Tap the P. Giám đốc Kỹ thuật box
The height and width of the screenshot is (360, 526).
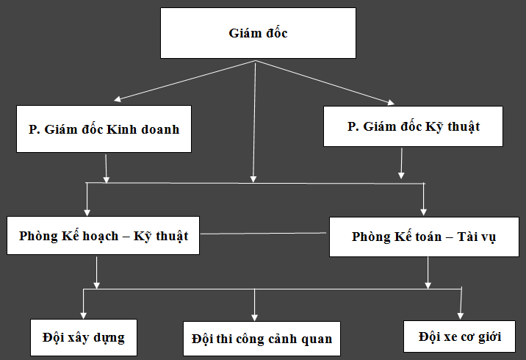coord(414,126)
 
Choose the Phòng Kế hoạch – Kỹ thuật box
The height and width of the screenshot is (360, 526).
coord(103,236)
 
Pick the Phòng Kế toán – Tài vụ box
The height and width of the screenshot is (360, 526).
coord(424,237)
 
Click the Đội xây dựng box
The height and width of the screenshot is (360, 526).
coord(83,338)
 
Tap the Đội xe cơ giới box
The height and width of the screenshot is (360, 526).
coord(459,337)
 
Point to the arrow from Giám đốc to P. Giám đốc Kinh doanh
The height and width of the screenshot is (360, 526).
coord(184,81)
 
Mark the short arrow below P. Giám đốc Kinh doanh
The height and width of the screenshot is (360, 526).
coord(107,168)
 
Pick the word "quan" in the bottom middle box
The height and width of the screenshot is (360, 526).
coord(316,339)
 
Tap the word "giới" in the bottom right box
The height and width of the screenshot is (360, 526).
coord(486,337)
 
